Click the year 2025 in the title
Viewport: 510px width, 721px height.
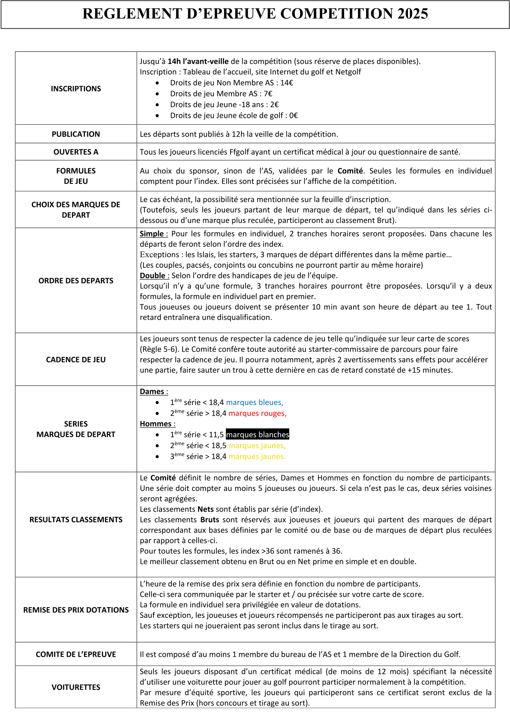tap(412, 14)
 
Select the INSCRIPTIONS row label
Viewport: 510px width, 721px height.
tap(76, 89)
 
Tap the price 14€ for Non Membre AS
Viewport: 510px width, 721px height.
tap(287, 83)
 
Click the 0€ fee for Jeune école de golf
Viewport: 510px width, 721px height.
tap(294, 115)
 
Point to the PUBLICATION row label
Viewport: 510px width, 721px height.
tap(76, 134)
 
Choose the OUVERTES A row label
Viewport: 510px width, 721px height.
tap(76, 152)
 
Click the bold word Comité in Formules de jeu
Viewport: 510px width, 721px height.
tap(350, 171)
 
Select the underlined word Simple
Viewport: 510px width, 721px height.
tap(152, 233)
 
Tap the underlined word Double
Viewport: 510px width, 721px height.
tap(153, 275)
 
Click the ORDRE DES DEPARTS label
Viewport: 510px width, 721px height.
tap(76, 281)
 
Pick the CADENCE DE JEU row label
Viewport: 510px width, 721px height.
tap(76, 359)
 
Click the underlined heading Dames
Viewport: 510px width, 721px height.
tap(152, 392)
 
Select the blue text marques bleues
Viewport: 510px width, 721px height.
tap(254, 402)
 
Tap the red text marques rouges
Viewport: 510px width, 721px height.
tap(257, 413)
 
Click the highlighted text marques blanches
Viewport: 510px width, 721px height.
tap(258, 434)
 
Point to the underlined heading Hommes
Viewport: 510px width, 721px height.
tap(156, 424)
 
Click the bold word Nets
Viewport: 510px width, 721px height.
tap(205, 509)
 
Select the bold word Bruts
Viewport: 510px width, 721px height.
tap(210, 520)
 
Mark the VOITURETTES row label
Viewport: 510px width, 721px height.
tap(76, 687)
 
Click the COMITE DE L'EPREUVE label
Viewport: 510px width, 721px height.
tap(76, 654)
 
